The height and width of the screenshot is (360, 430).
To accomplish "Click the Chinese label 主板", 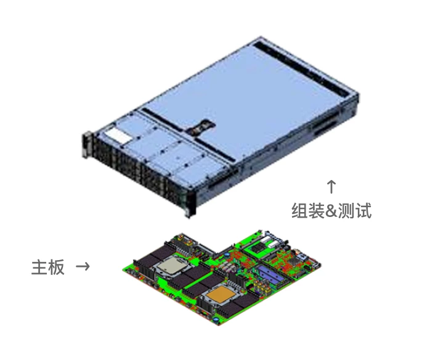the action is click(x=48, y=267).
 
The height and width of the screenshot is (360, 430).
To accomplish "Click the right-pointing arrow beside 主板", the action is click(x=83, y=266).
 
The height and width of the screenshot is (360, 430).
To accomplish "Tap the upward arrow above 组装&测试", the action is click(x=331, y=187).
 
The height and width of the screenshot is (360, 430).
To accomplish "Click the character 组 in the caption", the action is click(x=299, y=211).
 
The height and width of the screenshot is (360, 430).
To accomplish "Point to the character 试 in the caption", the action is click(x=363, y=211).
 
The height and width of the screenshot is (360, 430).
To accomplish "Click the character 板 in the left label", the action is click(x=56, y=267).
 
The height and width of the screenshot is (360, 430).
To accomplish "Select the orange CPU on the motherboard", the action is click(x=221, y=295).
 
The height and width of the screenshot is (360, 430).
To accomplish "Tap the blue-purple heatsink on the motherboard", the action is click(x=270, y=274).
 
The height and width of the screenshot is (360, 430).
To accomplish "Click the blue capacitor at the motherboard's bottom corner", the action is click(x=216, y=319).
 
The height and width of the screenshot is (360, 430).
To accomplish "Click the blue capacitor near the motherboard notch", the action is click(x=227, y=255).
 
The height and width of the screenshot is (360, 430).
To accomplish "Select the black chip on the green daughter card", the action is click(x=258, y=248).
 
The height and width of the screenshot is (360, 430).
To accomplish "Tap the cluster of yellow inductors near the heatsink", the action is click(x=261, y=287).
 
